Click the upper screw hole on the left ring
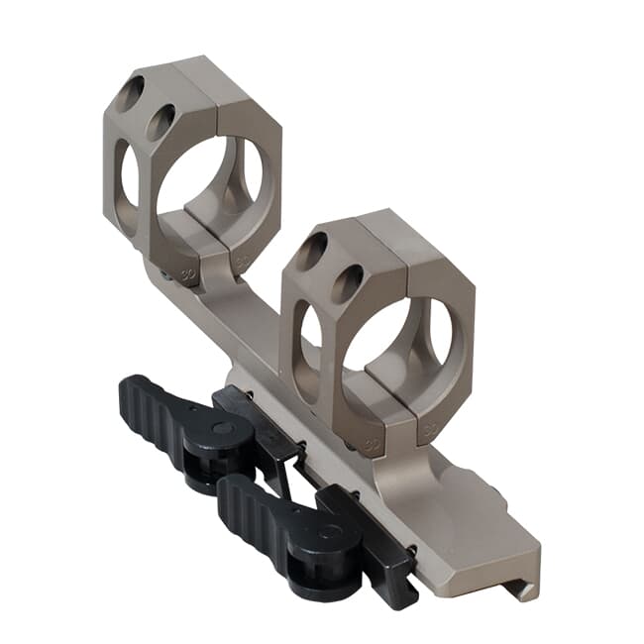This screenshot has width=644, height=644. (x=129, y=95)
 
